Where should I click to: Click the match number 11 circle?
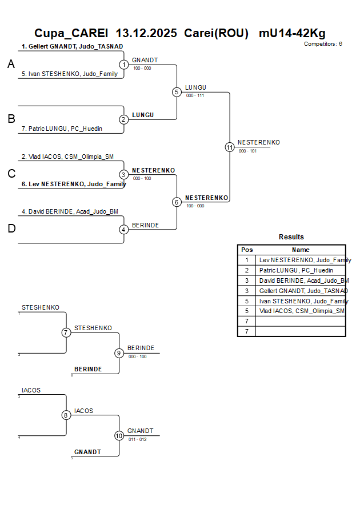[230, 147]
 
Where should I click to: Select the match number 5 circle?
[177, 92]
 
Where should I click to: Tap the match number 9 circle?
[119, 353]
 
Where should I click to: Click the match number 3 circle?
[124, 175]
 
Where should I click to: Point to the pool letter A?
[11, 65]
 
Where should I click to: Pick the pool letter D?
[11, 229]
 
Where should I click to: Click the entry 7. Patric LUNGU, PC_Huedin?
[62, 129]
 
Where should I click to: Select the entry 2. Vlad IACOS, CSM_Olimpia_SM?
[67, 156]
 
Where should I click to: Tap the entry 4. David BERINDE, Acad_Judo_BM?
[70, 211]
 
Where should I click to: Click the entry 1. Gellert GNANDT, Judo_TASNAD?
[72, 46]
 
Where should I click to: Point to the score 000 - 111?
[195, 95]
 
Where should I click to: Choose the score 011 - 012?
[137, 439]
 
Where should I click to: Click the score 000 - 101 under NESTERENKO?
[247, 151]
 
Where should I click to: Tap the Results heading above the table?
[291, 237]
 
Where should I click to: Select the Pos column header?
[247, 250]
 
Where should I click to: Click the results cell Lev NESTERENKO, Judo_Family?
[305, 260]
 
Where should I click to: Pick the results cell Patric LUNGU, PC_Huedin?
[295, 270]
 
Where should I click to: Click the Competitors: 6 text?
[323, 44]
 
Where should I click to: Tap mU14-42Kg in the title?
[292, 33]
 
